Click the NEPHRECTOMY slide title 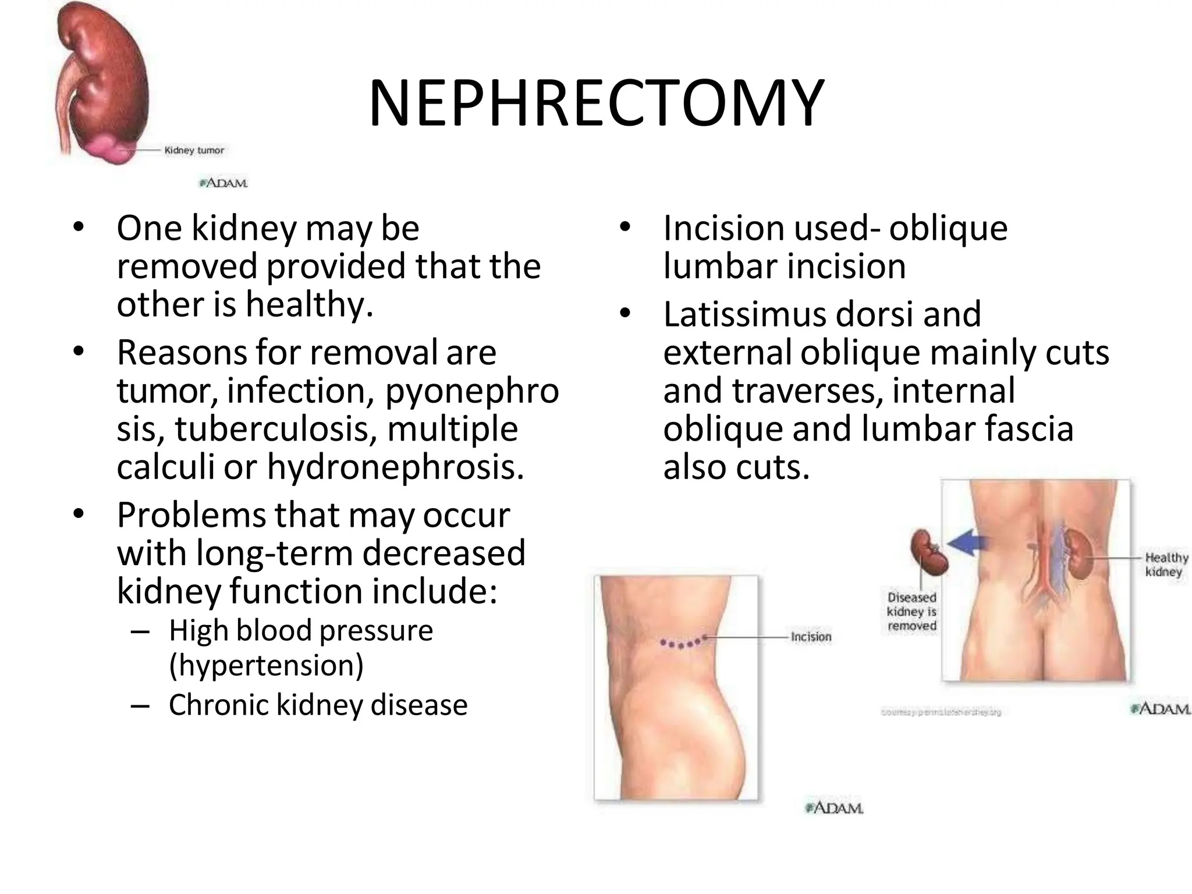tap(596, 104)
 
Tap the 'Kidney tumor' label tap(194, 150)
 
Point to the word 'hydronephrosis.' tap(395, 467)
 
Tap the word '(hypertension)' tap(266, 665)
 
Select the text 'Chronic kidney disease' tap(318, 705)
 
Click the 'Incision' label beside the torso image tap(811, 637)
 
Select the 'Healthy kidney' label tap(1165, 565)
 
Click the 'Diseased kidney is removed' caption tap(911, 612)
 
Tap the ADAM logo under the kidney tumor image tap(224, 183)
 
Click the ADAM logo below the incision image tap(833, 808)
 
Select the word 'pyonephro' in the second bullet tap(471, 391)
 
